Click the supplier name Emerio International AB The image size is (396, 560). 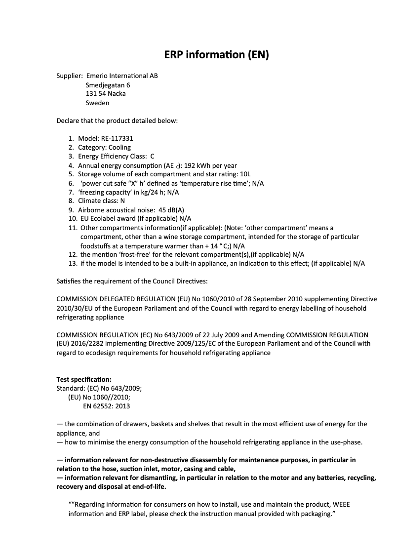[122, 76]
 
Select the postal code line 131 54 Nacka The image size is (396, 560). [105, 94]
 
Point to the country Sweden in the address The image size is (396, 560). [97, 103]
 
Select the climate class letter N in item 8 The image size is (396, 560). [122, 201]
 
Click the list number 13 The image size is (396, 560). [73, 263]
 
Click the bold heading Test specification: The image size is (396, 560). [84, 379]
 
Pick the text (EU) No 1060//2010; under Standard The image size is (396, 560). [99, 397]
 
